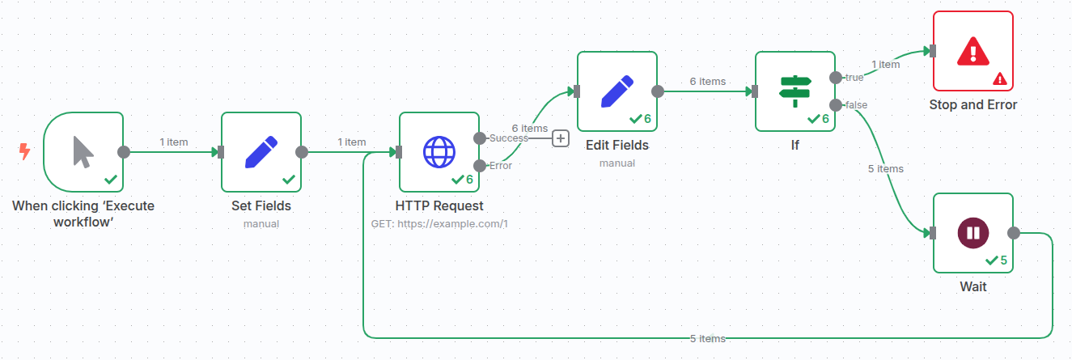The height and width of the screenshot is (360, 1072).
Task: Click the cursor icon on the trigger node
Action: coord(83,151)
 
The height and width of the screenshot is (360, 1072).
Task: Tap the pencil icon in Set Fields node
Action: coord(261,151)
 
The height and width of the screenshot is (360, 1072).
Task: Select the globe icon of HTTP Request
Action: coord(439,151)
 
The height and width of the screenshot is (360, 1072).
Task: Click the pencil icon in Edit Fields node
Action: coord(617,91)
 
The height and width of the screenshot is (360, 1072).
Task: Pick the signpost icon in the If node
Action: coord(795,91)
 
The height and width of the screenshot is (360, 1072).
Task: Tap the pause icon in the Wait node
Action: coord(972,233)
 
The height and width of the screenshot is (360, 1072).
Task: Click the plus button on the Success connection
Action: coord(561,138)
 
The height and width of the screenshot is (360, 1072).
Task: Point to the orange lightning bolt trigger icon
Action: coord(24,151)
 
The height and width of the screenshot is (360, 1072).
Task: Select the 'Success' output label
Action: coord(509,138)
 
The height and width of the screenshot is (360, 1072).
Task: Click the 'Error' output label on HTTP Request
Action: coord(500,166)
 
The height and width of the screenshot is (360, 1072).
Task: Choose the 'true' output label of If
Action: coord(854,78)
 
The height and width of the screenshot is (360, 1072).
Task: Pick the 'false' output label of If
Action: coord(856,105)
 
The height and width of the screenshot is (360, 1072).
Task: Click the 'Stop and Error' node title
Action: coord(972,104)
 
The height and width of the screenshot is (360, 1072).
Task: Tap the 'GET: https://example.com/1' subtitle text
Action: coord(439,223)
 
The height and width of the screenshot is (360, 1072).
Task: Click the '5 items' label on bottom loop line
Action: coord(707,338)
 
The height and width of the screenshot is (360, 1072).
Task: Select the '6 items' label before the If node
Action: coord(707,81)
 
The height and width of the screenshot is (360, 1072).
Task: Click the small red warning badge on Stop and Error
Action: coord(1000,78)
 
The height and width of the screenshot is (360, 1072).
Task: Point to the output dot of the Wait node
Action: coord(1014,233)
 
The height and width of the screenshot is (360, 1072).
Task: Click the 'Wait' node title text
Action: coord(972,286)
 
